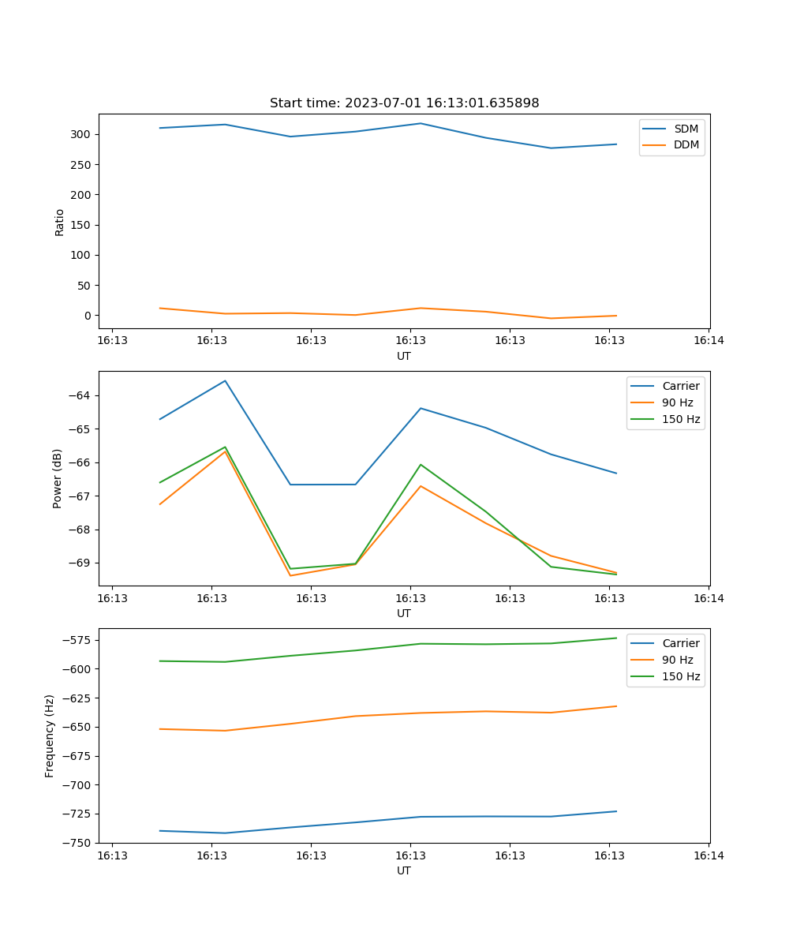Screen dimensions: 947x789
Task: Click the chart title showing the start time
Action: [404, 103]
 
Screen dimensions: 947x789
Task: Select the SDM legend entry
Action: [686, 129]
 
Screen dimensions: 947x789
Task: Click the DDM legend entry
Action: [686, 144]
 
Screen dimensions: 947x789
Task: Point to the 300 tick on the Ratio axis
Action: [84, 135]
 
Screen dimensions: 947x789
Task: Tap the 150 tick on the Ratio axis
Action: [84, 226]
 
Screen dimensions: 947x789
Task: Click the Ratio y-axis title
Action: [60, 222]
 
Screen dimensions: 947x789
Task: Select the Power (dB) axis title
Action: [58, 479]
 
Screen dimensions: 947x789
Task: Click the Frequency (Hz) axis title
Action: [50, 736]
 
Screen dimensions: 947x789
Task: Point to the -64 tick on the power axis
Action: [82, 395]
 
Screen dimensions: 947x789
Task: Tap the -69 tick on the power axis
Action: [82, 563]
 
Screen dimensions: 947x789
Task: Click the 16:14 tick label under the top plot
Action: [709, 341]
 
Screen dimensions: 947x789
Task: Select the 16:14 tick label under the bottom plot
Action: [709, 855]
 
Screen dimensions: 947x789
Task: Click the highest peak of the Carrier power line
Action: [225, 380]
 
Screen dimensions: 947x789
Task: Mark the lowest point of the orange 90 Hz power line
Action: [290, 575]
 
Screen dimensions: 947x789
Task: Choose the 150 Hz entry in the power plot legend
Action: [681, 419]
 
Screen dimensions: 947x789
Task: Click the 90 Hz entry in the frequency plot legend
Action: [677, 660]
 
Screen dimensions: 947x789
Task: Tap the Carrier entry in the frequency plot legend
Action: [680, 643]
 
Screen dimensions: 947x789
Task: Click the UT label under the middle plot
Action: [404, 613]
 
